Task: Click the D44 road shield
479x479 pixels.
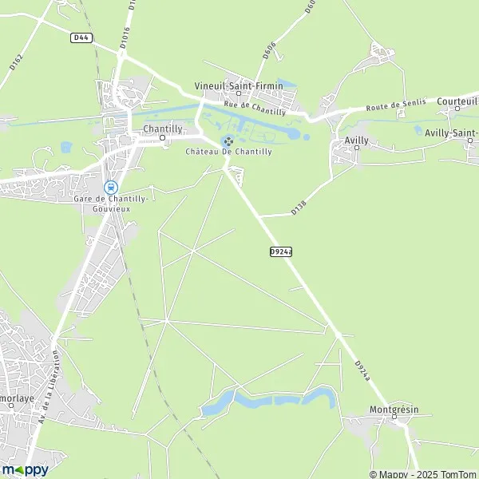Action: pos(80,38)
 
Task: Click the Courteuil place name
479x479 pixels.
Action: pos(457,101)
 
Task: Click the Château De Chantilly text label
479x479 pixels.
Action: pos(228,152)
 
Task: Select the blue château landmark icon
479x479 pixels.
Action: pos(227,141)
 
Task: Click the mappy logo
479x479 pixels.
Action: pos(25,469)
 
